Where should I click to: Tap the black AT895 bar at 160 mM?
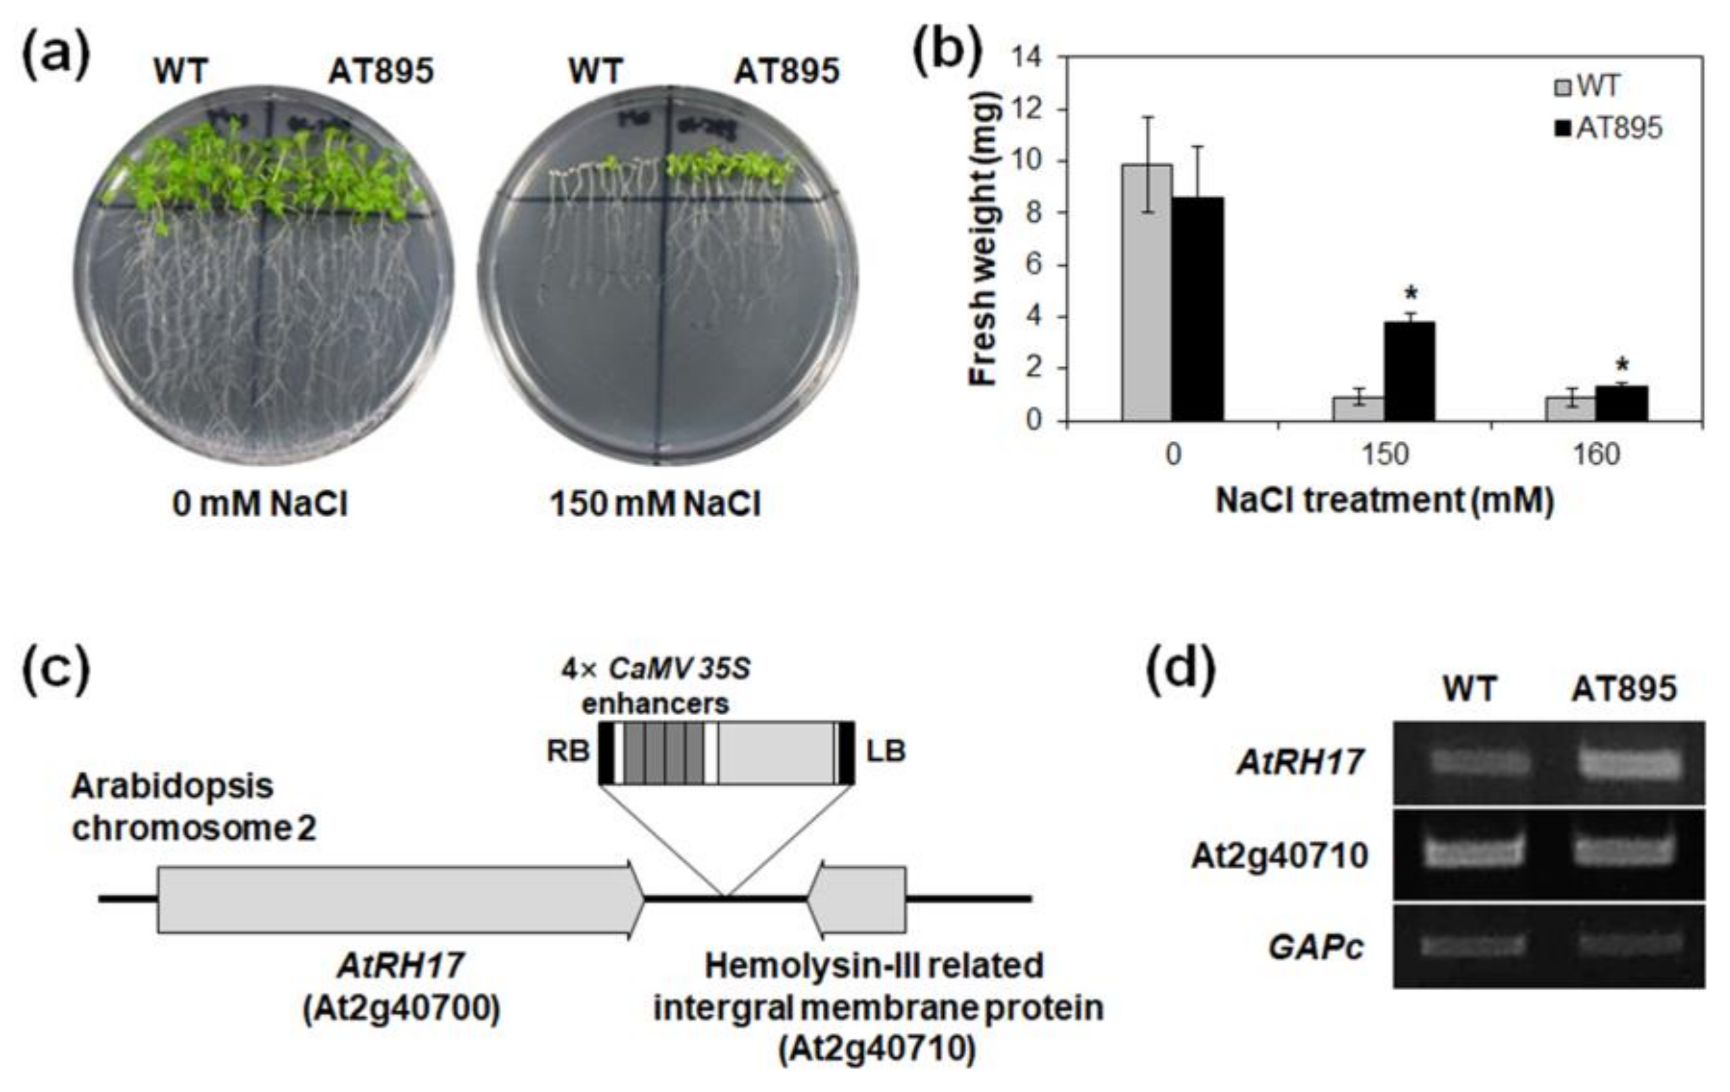click(1622, 403)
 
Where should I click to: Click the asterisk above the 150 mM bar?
click(1411, 295)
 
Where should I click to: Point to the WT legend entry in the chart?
click(1586, 87)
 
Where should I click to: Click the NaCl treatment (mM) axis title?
click(1384, 500)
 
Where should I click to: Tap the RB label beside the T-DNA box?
click(568, 752)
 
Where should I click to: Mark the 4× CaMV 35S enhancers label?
click(655, 686)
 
